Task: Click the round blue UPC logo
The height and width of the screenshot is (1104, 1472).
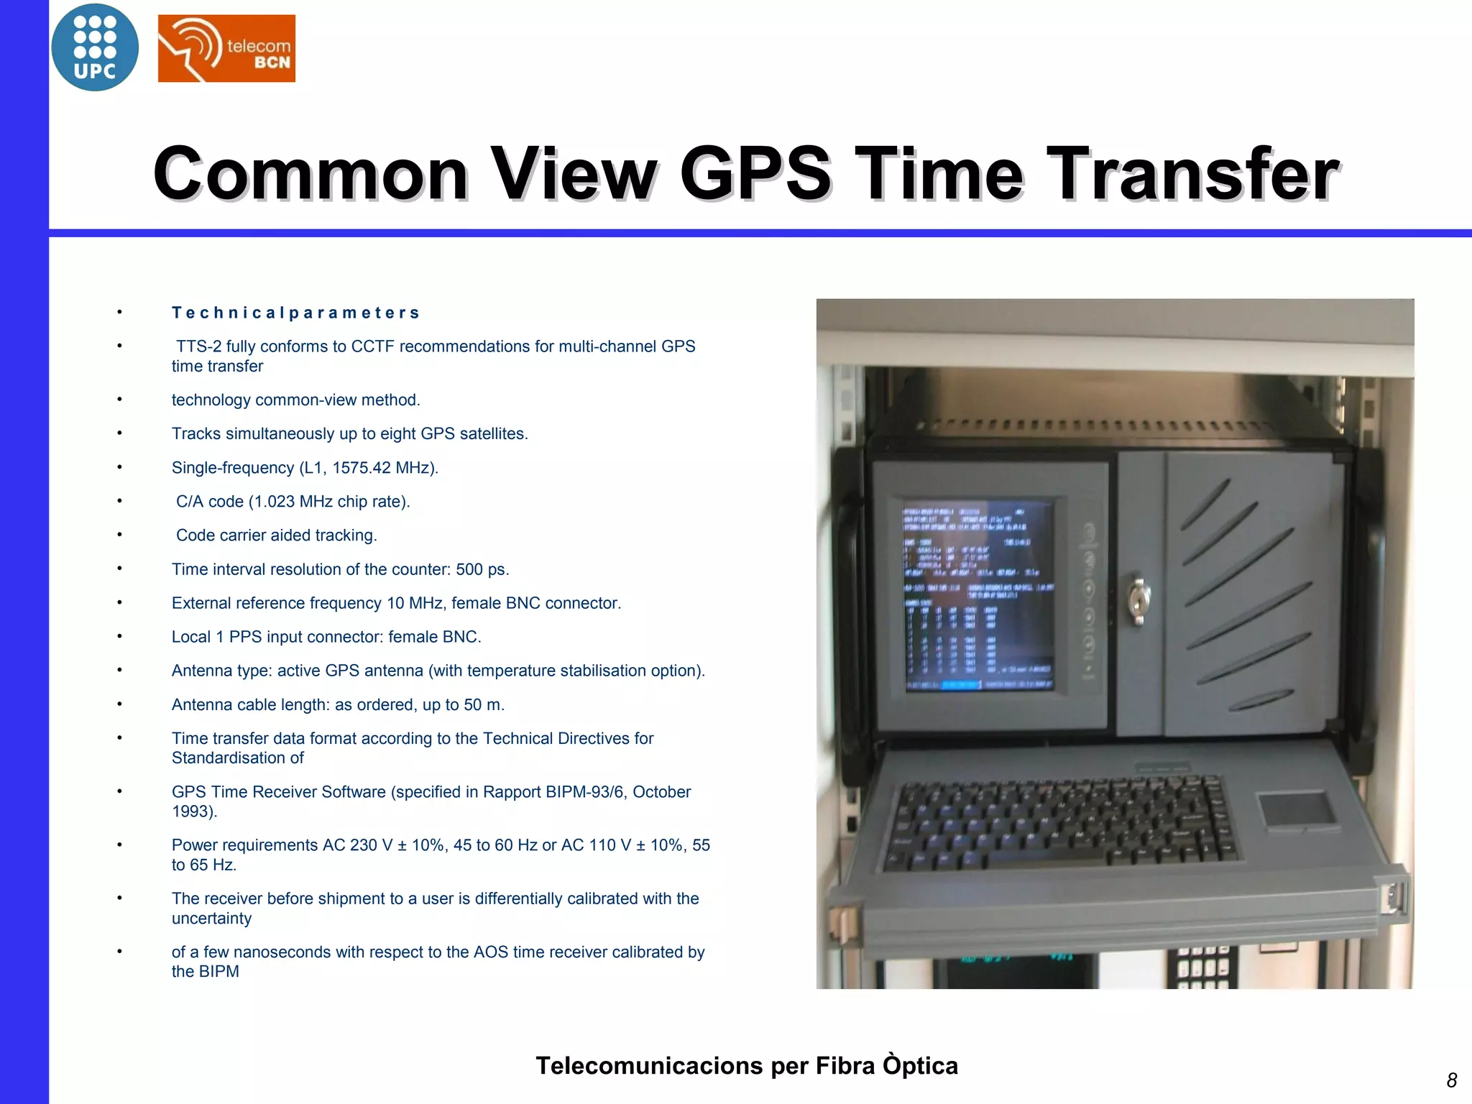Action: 95,47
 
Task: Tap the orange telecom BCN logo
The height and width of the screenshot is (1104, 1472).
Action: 226,48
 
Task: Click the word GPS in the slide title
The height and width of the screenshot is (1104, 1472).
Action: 755,173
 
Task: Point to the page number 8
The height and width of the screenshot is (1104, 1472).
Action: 1451,1080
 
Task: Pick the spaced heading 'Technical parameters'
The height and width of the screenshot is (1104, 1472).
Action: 295,313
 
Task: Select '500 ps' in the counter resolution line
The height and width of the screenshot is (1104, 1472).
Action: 482,569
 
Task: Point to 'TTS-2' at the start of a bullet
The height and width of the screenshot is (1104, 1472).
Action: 198,346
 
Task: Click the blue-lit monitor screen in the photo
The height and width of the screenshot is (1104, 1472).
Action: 978,596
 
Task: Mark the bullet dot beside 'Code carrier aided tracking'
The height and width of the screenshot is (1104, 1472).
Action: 120,535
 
